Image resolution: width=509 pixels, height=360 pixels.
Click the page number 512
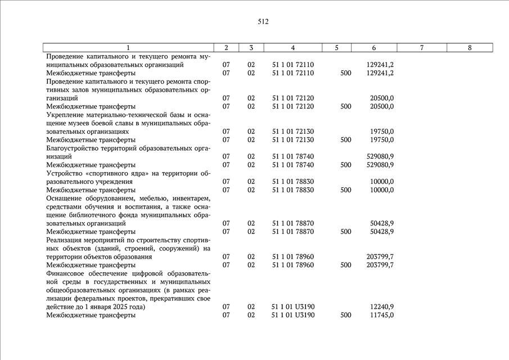(x=263, y=22)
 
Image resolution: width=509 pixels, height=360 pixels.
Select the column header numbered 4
(x=293, y=48)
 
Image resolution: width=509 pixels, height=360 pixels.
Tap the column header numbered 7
(x=421, y=48)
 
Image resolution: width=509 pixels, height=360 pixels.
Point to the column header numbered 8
(x=470, y=48)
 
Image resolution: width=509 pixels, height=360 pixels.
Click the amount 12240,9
(x=382, y=307)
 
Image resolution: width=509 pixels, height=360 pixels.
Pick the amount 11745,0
(x=382, y=315)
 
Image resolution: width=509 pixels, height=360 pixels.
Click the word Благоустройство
(x=71, y=148)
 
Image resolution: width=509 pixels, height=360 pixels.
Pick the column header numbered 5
(x=336, y=48)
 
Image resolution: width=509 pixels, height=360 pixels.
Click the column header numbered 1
(x=128, y=48)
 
